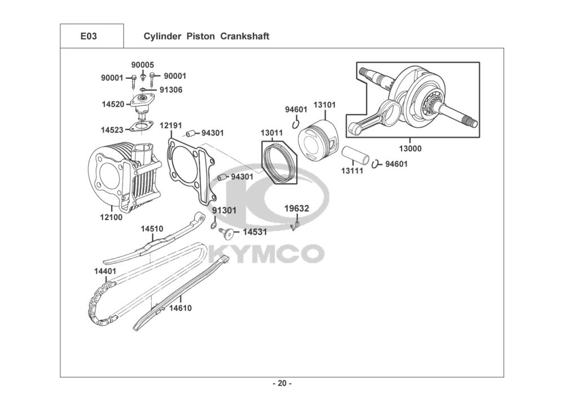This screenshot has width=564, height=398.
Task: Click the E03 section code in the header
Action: click(89, 37)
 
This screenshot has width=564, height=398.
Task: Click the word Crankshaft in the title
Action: click(245, 37)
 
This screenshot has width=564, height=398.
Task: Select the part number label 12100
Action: click(111, 217)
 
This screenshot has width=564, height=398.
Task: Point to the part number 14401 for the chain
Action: click(105, 271)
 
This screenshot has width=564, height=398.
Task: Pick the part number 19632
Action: click(296, 208)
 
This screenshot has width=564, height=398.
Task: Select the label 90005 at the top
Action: click(143, 65)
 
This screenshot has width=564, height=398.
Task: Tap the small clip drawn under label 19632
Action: click(295, 226)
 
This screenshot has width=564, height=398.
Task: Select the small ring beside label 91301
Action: click(215, 226)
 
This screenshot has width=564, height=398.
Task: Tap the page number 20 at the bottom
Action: click(282, 383)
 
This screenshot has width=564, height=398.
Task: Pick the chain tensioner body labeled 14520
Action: click(141, 104)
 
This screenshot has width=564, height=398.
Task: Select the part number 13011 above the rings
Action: click(271, 133)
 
